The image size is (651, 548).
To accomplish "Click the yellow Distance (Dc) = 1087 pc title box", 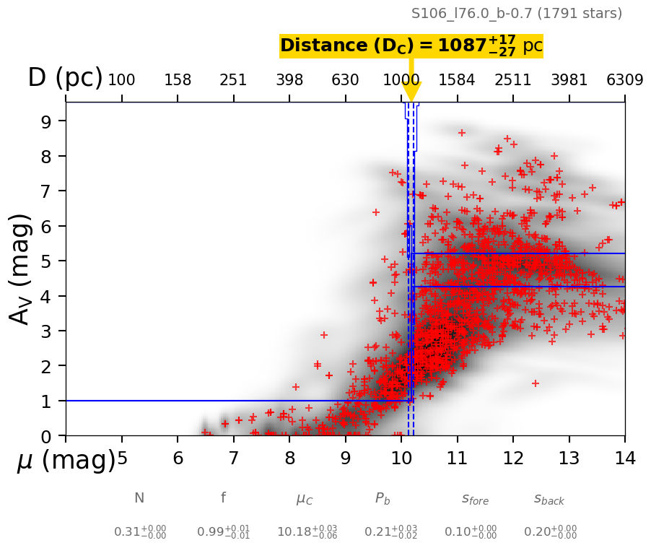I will pyautogui.click(x=411, y=45).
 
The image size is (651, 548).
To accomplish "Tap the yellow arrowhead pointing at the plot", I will pyautogui.click(x=411, y=92).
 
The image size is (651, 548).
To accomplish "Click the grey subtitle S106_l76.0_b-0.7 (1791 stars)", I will pyautogui.click(x=516, y=13).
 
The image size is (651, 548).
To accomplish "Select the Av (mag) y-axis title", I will pyautogui.click(x=22, y=269).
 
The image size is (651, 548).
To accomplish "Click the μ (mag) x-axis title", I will pyautogui.click(x=66, y=459).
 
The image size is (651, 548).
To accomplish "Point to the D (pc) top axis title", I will pyautogui.click(x=65, y=78).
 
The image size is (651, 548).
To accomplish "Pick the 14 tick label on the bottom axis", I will pyautogui.click(x=624, y=458).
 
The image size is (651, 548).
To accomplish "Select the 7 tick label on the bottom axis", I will pyautogui.click(x=233, y=458).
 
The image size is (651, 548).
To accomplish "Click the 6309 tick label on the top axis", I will pyautogui.click(x=624, y=80).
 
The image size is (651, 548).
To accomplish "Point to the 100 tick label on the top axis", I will pyautogui.click(x=121, y=80).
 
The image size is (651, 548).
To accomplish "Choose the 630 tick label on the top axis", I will pyautogui.click(x=345, y=80).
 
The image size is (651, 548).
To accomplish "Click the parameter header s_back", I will pyautogui.click(x=549, y=499).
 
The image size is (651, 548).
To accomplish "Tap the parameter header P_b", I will pyautogui.click(x=383, y=498).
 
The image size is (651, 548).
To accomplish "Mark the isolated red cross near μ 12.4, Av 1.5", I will pyautogui.click(x=536, y=383).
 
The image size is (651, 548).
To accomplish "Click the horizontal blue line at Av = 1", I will pyautogui.click(x=217, y=401).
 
